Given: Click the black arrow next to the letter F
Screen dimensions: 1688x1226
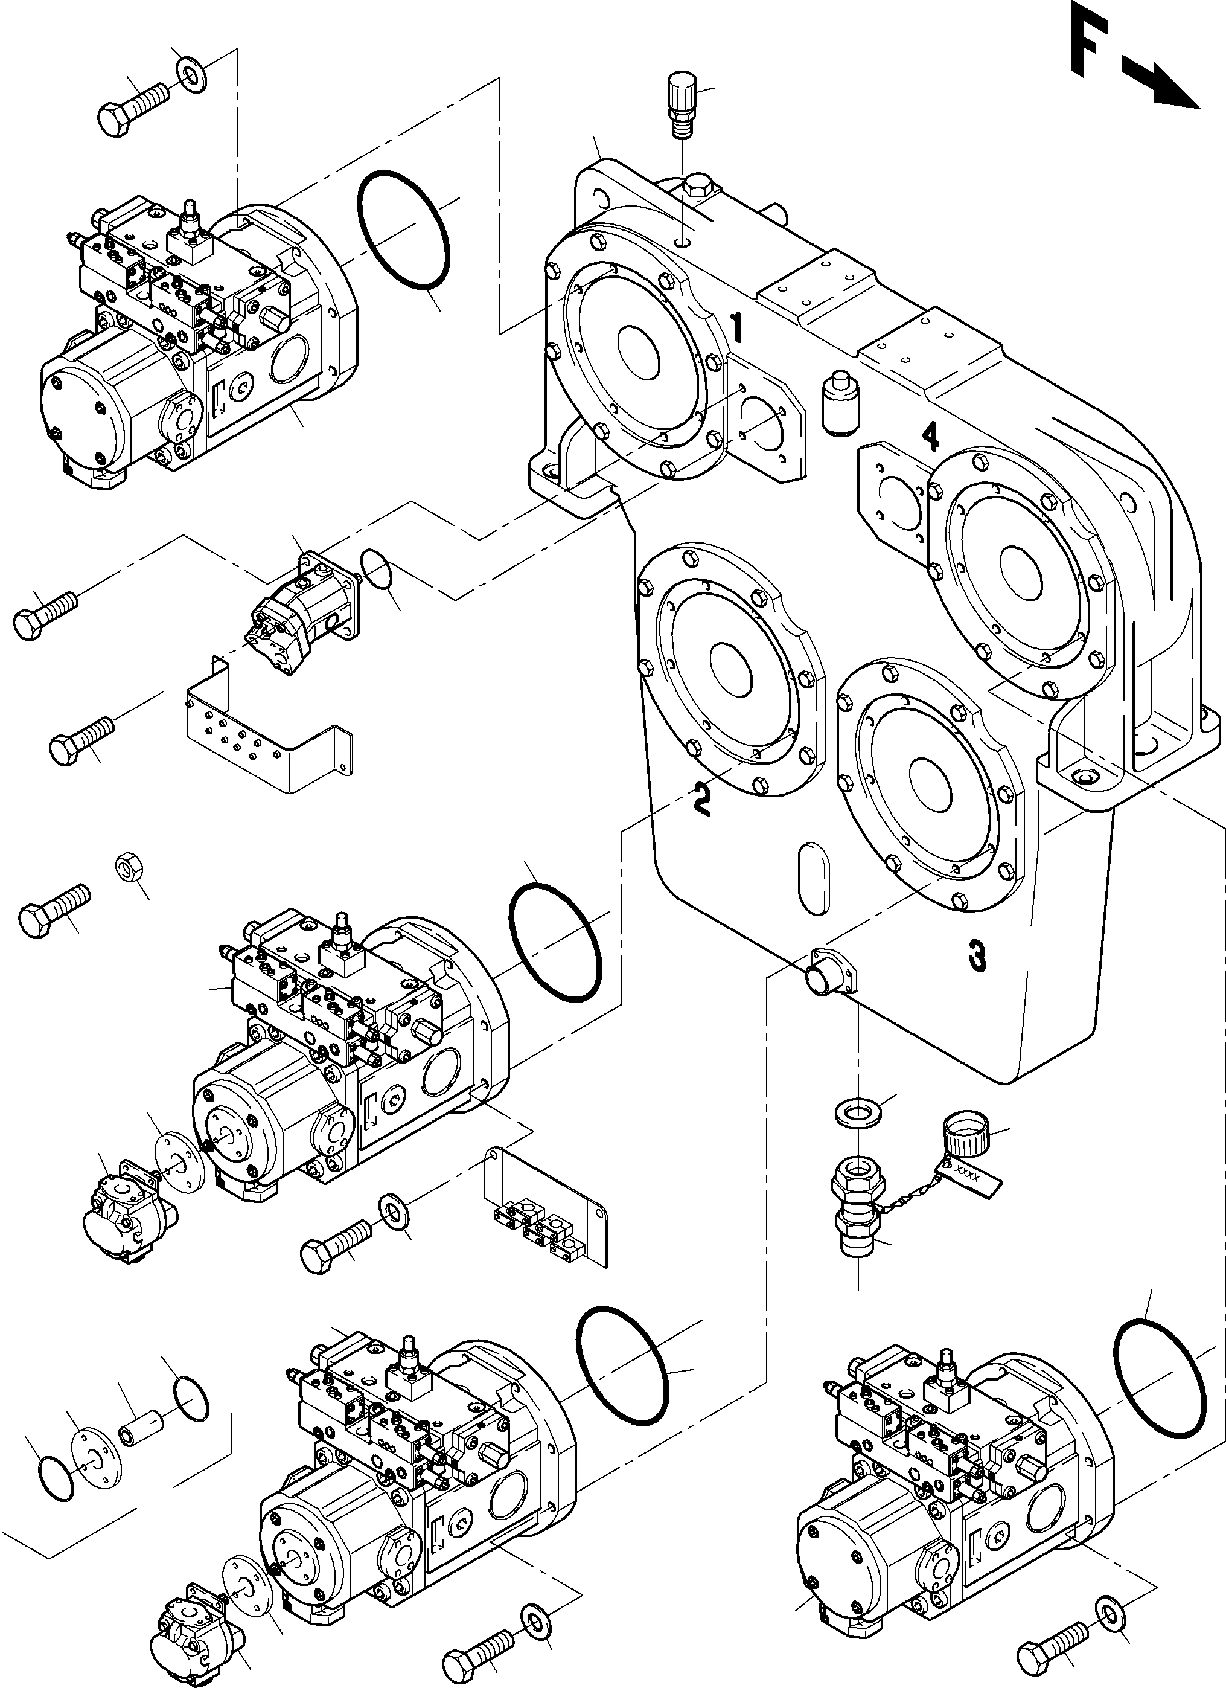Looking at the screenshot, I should click(1162, 87).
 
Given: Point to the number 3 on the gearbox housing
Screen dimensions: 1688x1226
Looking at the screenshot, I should click(977, 955).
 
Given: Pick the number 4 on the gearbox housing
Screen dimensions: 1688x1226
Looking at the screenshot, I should click(930, 435).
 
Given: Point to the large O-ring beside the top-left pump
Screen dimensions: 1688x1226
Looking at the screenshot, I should click(403, 231).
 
